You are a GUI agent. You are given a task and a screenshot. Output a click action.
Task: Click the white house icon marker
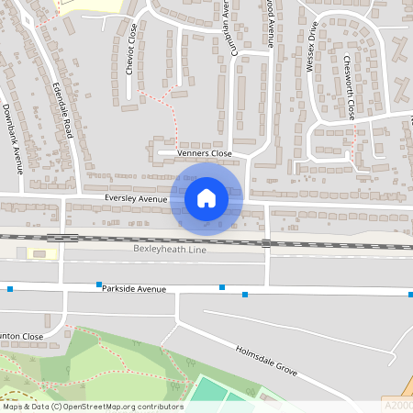pyautogui.click(x=206, y=197)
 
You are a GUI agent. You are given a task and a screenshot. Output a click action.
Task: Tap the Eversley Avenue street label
pyautogui.click(x=136, y=198)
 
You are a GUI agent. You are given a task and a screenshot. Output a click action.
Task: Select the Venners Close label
pyautogui.click(x=203, y=154)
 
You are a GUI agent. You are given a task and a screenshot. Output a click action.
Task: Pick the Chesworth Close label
pyautogui.click(x=348, y=86)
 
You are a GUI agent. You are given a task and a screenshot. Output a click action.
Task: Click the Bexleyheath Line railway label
pyautogui.click(x=170, y=250)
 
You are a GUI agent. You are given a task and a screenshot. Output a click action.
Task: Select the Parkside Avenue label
pyautogui.click(x=134, y=289)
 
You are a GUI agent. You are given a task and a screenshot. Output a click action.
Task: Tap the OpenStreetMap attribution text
pyautogui.click(x=92, y=407)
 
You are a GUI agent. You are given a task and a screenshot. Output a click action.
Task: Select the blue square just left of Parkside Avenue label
pyautogui.click(x=98, y=285)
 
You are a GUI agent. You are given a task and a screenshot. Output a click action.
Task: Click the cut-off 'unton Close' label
pyautogui.click(x=22, y=336)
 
